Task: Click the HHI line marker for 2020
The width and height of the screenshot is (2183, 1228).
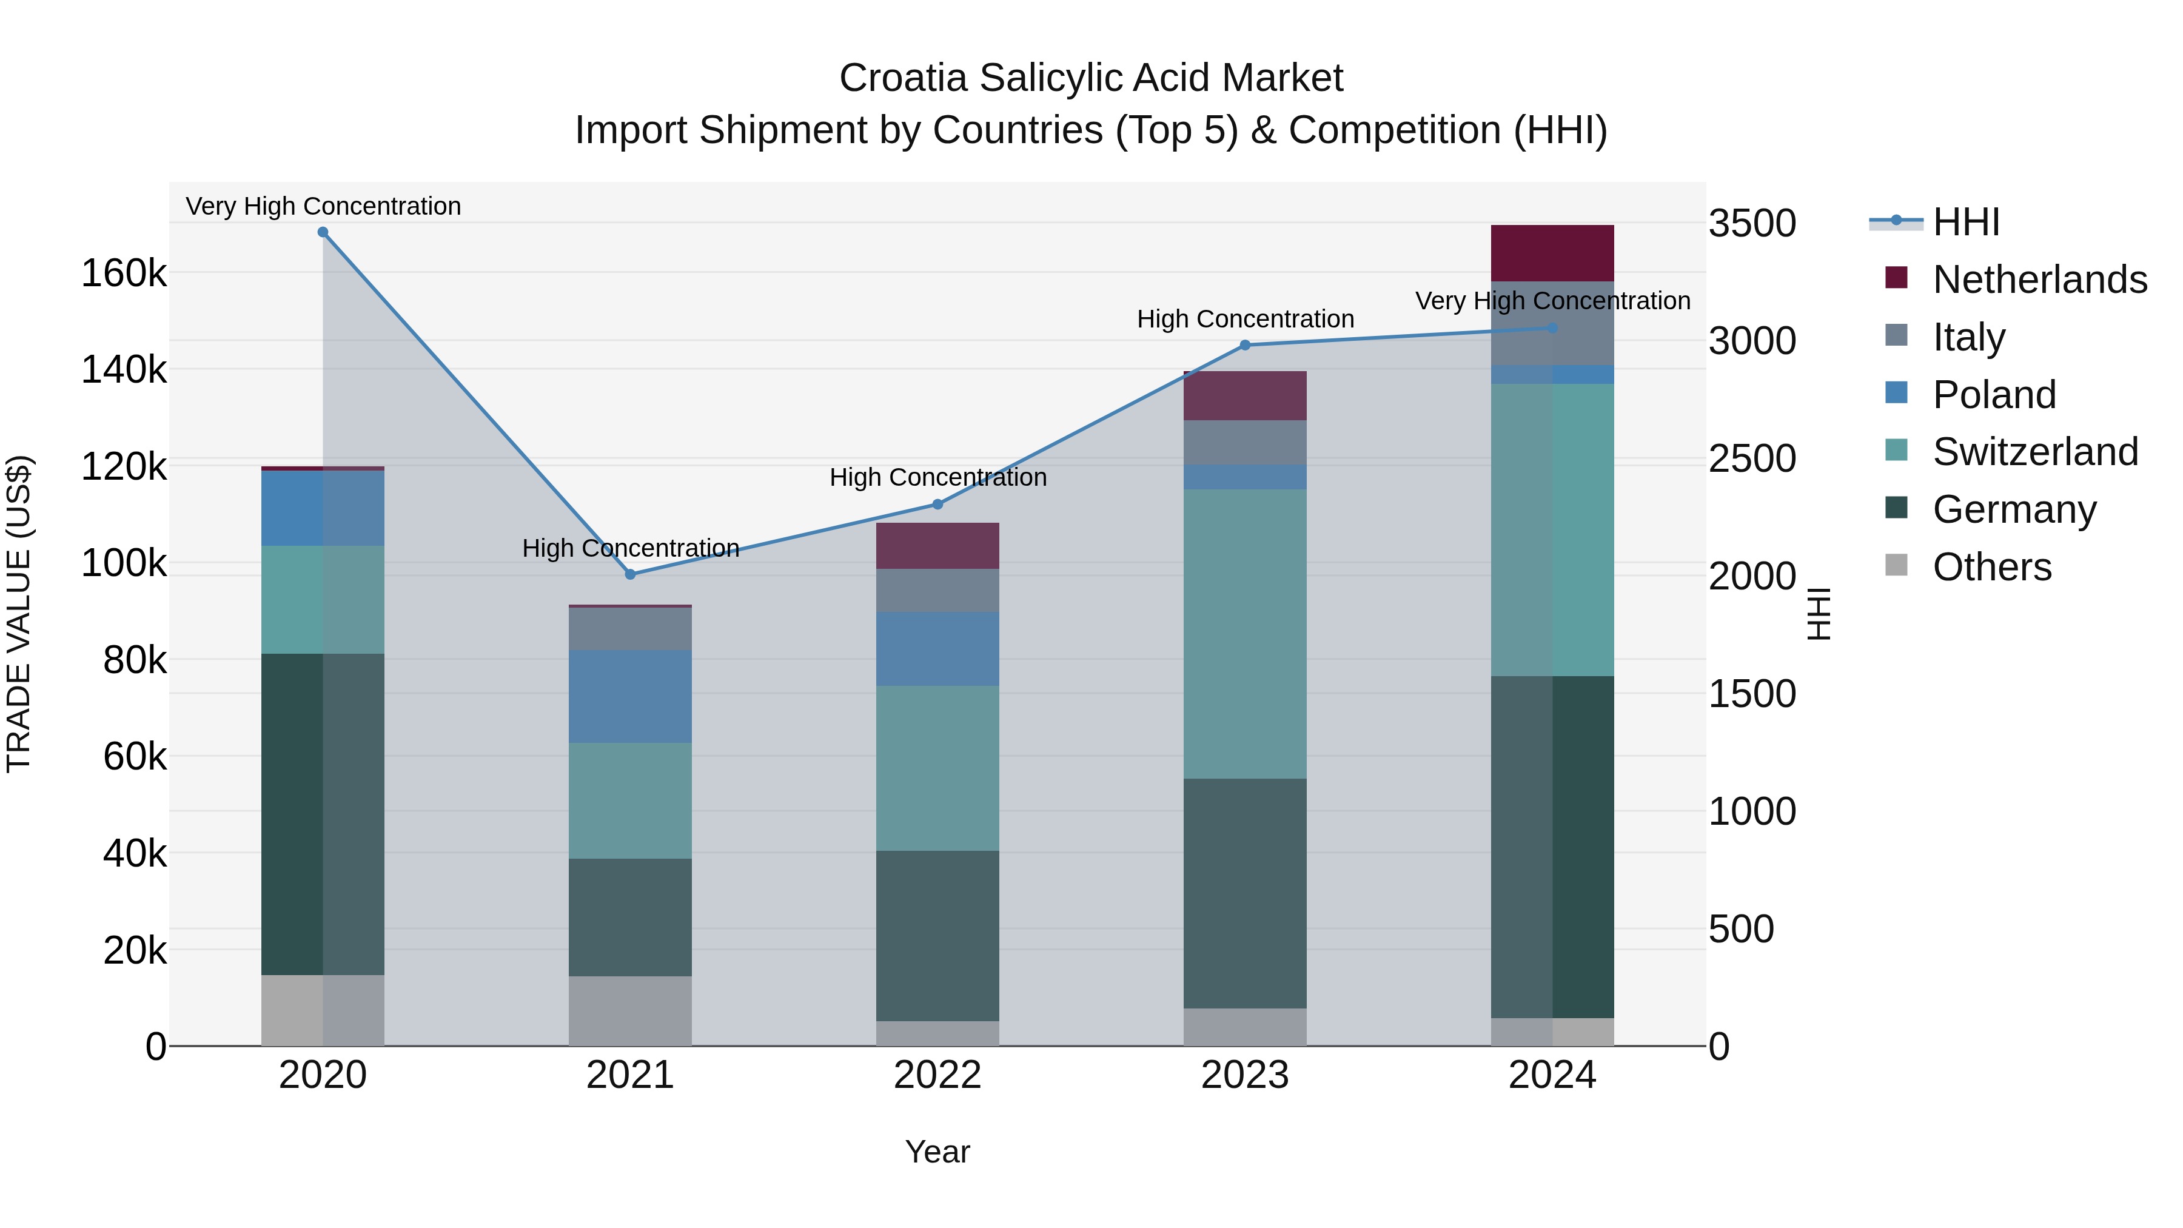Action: [323, 232]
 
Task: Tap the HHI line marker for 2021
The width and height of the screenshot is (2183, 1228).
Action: [631, 575]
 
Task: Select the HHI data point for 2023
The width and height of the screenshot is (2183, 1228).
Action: [1245, 345]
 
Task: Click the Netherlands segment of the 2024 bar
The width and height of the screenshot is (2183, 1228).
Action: [1552, 252]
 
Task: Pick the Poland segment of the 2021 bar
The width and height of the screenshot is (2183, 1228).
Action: [631, 697]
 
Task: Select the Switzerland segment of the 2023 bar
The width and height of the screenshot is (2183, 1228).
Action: [1245, 634]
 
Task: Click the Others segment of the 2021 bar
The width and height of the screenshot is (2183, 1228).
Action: [631, 1011]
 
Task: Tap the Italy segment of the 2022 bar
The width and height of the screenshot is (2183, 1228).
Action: [937, 591]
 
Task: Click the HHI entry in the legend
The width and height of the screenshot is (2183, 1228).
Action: [1965, 222]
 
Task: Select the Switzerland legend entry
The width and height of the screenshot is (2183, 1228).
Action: [2034, 452]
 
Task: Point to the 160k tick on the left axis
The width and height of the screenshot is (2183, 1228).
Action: [124, 273]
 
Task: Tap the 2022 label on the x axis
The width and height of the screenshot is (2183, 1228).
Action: [937, 1075]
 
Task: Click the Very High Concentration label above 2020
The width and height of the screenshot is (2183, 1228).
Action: [323, 206]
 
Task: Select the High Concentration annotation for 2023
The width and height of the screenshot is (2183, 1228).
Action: [1245, 320]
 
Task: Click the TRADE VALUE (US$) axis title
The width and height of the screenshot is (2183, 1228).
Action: [19, 614]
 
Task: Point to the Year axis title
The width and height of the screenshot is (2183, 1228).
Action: [937, 1152]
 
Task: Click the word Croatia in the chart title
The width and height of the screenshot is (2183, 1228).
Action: [904, 78]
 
